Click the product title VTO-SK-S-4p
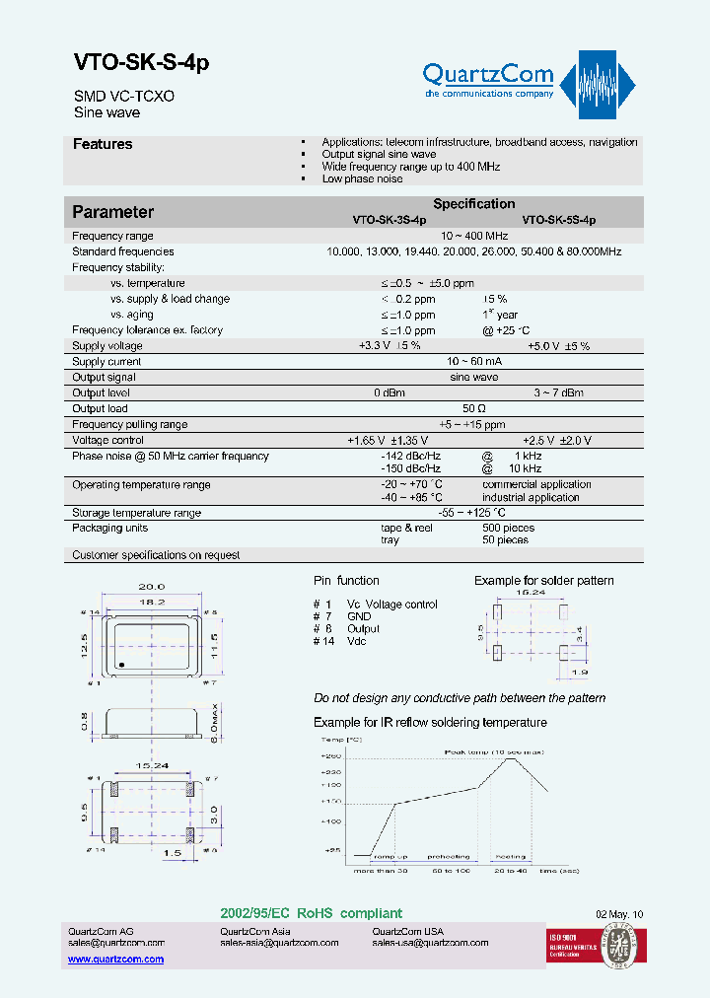coord(141,62)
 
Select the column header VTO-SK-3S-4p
coord(390,222)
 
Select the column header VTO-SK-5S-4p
coord(558,222)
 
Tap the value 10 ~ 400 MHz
coord(473,237)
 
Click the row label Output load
coord(100,409)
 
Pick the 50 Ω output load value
coord(473,409)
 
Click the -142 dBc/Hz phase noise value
coord(411,457)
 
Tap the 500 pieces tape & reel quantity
coord(508,529)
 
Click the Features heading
coord(103,145)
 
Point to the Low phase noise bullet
coord(362,179)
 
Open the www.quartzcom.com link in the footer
coord(115,960)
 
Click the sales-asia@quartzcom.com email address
coord(279,943)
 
